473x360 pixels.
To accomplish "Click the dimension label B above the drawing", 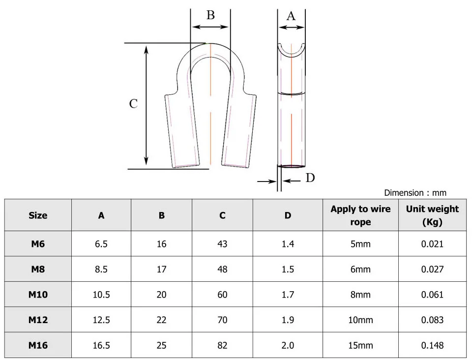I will (210, 15).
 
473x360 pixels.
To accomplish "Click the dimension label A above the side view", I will (291, 16).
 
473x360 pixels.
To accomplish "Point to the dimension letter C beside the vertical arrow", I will (133, 104).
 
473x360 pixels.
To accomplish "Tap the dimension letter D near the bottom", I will (310, 178).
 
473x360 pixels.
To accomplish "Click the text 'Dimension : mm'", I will (415, 193).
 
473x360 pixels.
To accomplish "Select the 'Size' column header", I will (38, 215).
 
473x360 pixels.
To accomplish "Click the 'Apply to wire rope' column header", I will (360, 215).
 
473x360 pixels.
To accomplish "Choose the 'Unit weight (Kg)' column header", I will (432, 215).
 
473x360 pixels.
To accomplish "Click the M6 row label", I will (38, 244).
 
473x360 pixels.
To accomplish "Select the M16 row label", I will (38, 345).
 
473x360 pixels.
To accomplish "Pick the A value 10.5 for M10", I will (101, 295).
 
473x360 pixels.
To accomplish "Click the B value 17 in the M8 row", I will (161, 270).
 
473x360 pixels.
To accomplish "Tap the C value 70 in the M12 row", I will (222, 320).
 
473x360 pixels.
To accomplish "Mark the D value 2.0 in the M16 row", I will (288, 345).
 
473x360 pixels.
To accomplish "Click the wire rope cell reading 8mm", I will (360, 295).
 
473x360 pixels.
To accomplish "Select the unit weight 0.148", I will (432, 345).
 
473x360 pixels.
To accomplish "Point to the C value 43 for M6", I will (222, 244).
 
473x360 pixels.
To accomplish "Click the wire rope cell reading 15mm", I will (360, 345).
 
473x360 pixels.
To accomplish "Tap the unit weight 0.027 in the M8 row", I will (432, 270).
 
